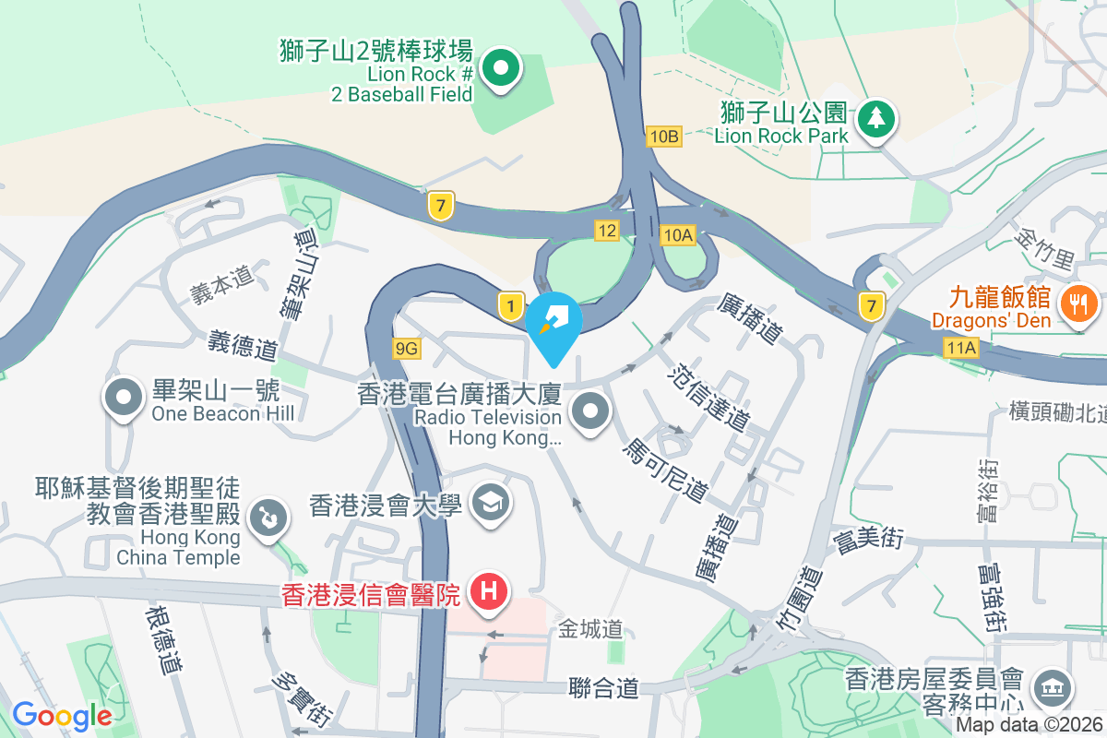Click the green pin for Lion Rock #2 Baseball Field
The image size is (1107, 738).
tap(499, 67)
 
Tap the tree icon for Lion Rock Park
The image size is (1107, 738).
tap(875, 118)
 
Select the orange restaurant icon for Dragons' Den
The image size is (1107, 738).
tap(1076, 303)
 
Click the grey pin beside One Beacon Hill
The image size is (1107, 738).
tap(123, 399)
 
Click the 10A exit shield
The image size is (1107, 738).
tap(677, 236)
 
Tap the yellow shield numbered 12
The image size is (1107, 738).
tap(606, 231)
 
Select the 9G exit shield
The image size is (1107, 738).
tap(406, 348)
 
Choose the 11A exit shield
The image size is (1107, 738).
tap(960, 348)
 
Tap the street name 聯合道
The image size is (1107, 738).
tap(604, 688)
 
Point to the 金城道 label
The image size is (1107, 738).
tap(590, 630)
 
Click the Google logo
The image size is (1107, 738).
tap(62, 715)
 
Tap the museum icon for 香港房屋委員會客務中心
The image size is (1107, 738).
tap(1050, 686)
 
